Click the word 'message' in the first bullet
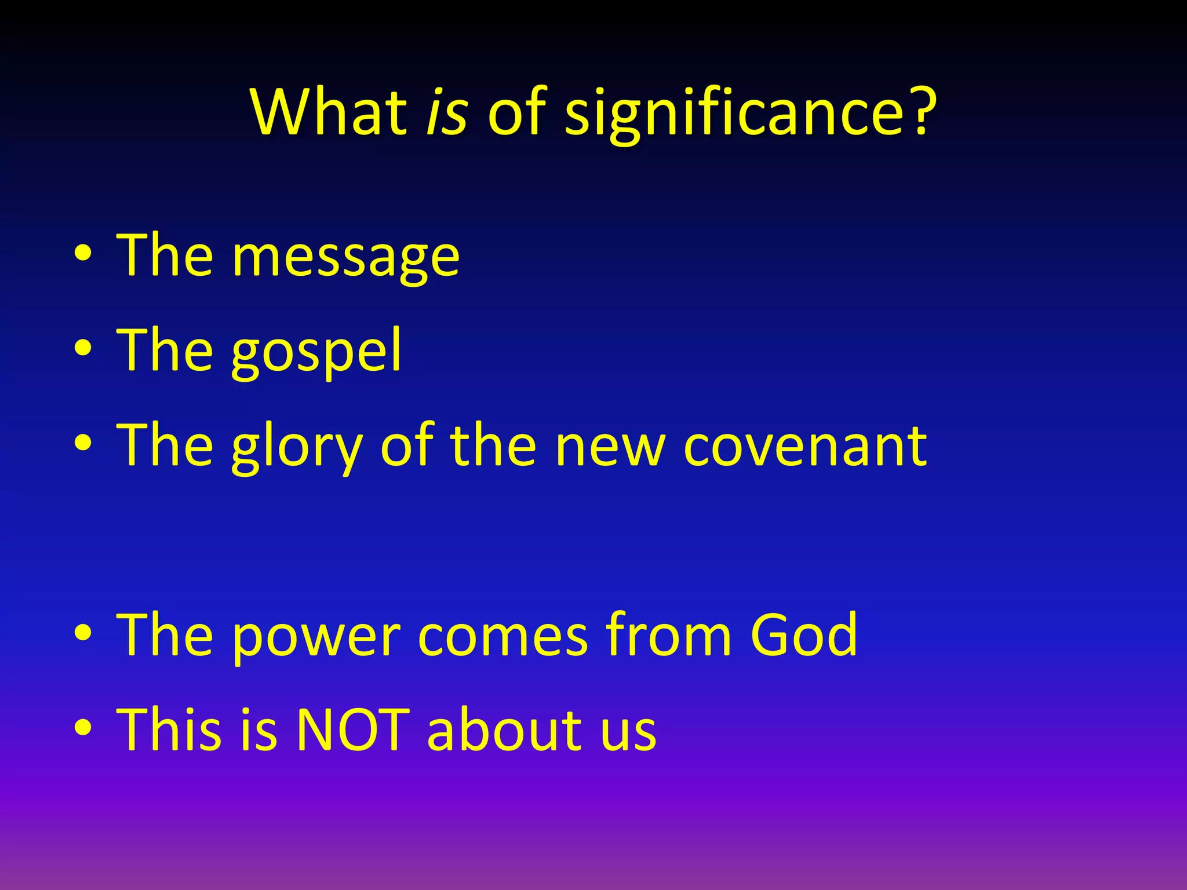pos(346,258)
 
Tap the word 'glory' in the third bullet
pos(297,447)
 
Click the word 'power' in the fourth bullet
pos(316,637)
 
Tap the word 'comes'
pos(503,637)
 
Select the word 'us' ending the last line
pos(628,733)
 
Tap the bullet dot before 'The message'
pos(83,255)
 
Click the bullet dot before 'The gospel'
pos(83,349)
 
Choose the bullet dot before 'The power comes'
pos(83,633)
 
